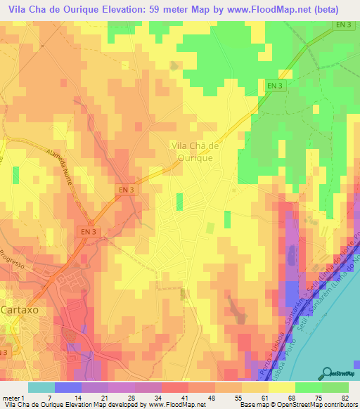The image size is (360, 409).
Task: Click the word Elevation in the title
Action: tap(125, 10)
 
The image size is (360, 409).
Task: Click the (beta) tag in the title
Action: tap(323, 10)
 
